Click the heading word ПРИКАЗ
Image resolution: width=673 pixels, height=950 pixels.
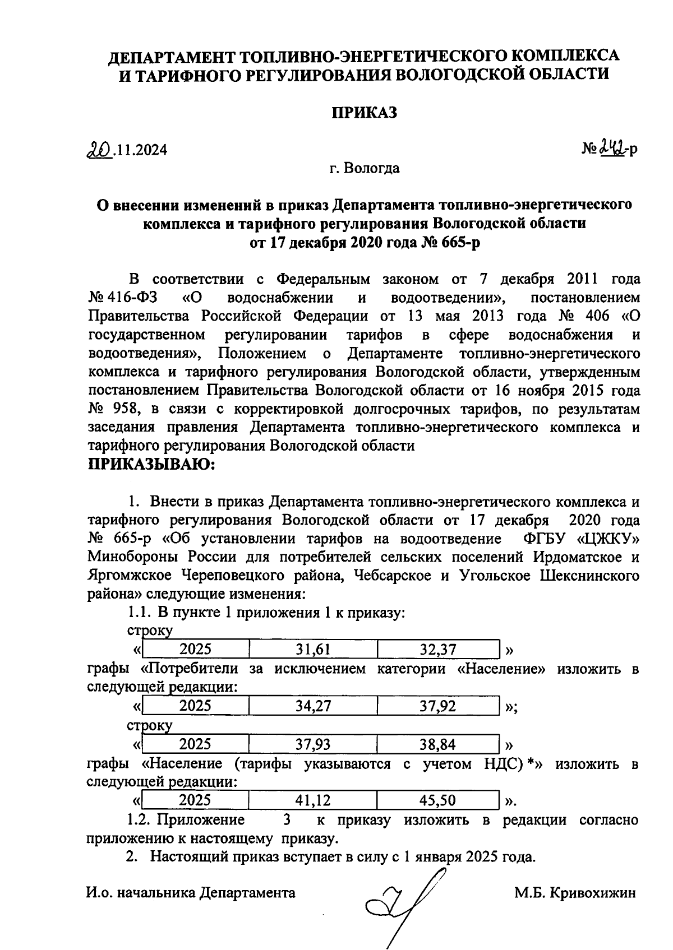[365, 113]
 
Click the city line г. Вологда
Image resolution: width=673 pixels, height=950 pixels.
[365, 168]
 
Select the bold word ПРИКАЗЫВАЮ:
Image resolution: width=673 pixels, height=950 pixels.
[152, 464]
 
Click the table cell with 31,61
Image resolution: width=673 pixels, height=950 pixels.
[313, 650]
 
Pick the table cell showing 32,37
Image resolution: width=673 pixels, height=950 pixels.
[438, 650]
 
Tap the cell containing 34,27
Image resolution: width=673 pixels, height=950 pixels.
[313, 706]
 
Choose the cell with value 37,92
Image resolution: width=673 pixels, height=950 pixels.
[438, 706]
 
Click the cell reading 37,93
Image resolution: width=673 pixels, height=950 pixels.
[313, 744]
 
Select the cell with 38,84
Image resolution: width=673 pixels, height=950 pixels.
[438, 744]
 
